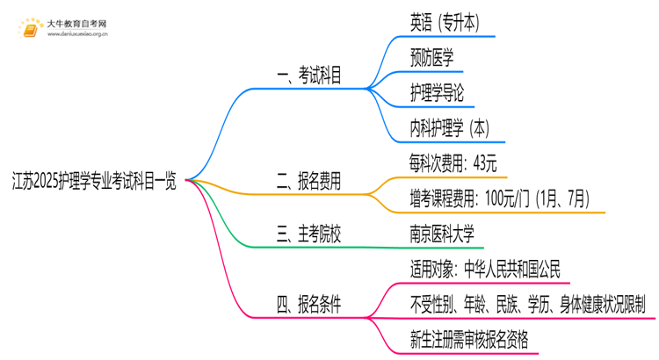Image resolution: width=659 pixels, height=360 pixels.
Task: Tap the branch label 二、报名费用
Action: click(309, 182)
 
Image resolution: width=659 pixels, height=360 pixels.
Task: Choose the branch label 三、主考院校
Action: click(309, 234)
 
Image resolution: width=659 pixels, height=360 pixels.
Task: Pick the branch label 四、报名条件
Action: click(309, 305)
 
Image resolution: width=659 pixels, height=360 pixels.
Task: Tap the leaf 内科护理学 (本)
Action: click(450, 128)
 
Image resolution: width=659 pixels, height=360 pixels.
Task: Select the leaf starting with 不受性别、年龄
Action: click(527, 304)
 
